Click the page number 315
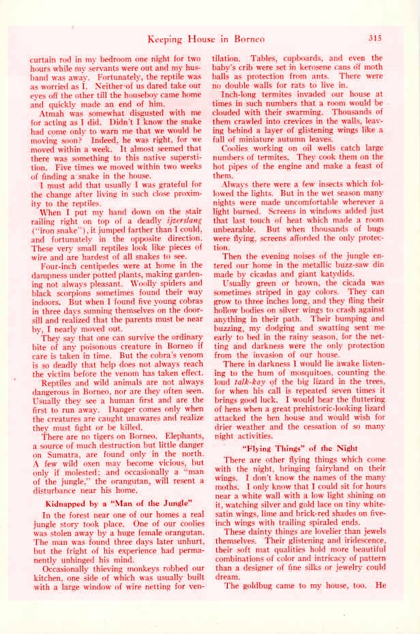click(374, 39)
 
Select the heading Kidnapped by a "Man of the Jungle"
click(117, 503)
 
